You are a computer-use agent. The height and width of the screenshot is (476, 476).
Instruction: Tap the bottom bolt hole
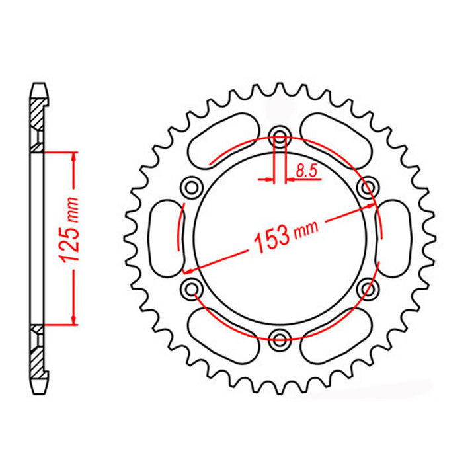(x=279, y=337)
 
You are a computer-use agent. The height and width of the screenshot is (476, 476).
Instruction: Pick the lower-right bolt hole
(x=366, y=288)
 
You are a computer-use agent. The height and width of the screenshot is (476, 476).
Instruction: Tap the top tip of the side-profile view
(x=40, y=85)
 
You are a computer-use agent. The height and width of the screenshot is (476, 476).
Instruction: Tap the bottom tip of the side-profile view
(x=40, y=390)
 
